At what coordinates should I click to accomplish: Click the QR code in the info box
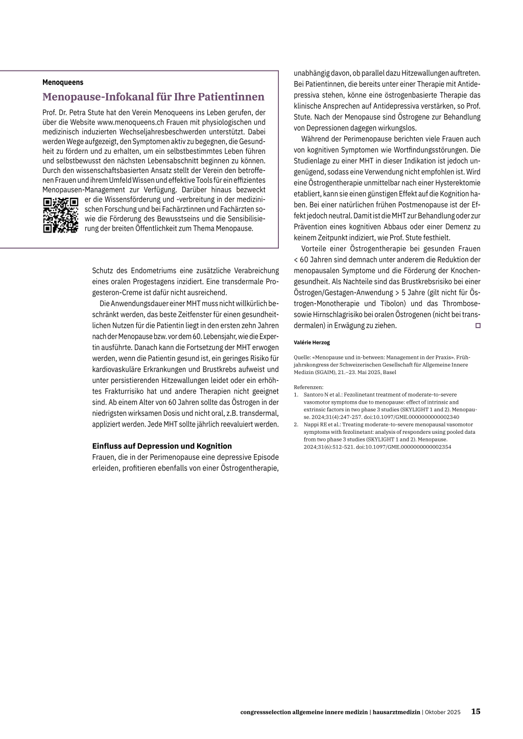(60, 215)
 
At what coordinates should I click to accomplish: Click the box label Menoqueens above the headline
(63, 82)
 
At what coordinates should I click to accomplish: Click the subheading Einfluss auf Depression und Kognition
(162, 446)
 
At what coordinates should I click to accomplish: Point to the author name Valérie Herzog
(312, 342)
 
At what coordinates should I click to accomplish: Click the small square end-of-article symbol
(478, 326)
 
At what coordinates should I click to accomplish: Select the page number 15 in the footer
(476, 711)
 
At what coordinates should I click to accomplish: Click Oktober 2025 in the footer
(443, 712)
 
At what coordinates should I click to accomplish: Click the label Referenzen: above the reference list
(309, 387)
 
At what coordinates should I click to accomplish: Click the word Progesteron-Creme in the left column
(121, 292)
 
